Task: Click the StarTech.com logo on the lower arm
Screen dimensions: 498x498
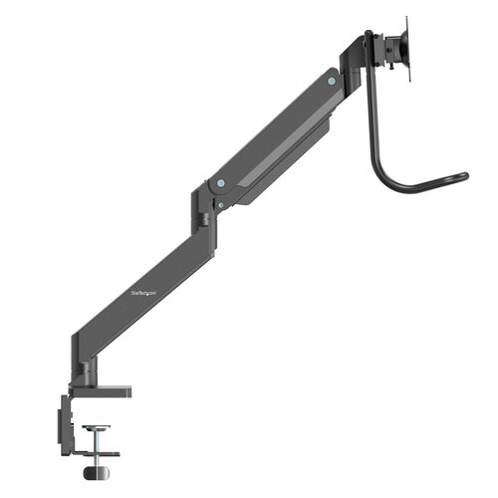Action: (145, 292)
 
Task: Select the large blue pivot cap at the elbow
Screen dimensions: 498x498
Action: (220, 183)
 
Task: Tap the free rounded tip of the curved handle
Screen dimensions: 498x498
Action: (463, 177)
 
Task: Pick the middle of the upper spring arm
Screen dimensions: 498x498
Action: (274, 130)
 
